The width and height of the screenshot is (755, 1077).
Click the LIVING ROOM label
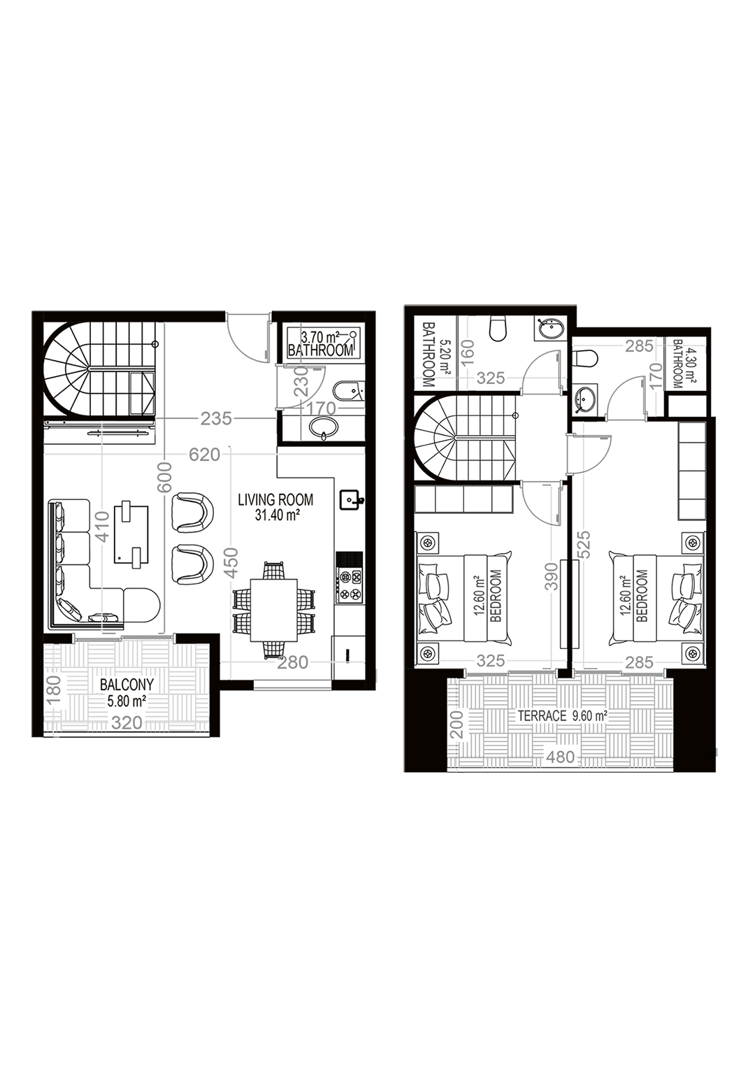click(275, 500)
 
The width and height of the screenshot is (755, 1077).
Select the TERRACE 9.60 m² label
click(563, 716)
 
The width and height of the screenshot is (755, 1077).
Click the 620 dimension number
click(204, 455)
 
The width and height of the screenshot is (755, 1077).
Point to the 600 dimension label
click(165, 477)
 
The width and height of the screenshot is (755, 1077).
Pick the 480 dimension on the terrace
click(561, 757)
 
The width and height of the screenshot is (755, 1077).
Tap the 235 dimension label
click(216, 419)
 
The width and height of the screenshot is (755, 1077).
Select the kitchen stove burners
click(349, 586)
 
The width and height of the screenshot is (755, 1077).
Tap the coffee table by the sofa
click(131, 534)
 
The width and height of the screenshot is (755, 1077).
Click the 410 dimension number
click(102, 525)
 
